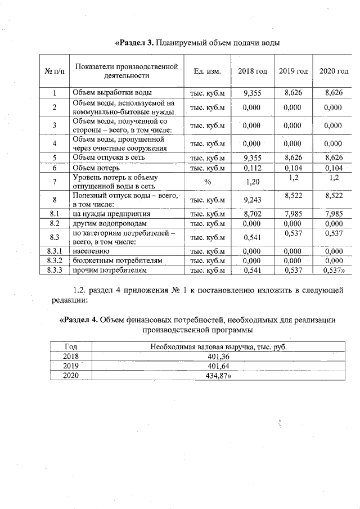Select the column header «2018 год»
click(253, 71)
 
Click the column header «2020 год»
click(334, 71)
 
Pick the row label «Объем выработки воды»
click(111, 93)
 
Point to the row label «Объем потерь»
click(96, 168)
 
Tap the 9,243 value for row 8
click(253, 200)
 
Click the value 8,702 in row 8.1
click(253, 214)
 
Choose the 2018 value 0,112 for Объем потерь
click(253, 168)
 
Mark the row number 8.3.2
click(54, 261)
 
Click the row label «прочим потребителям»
click(109, 271)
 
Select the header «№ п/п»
click(54, 71)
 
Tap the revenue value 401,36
click(220, 357)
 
